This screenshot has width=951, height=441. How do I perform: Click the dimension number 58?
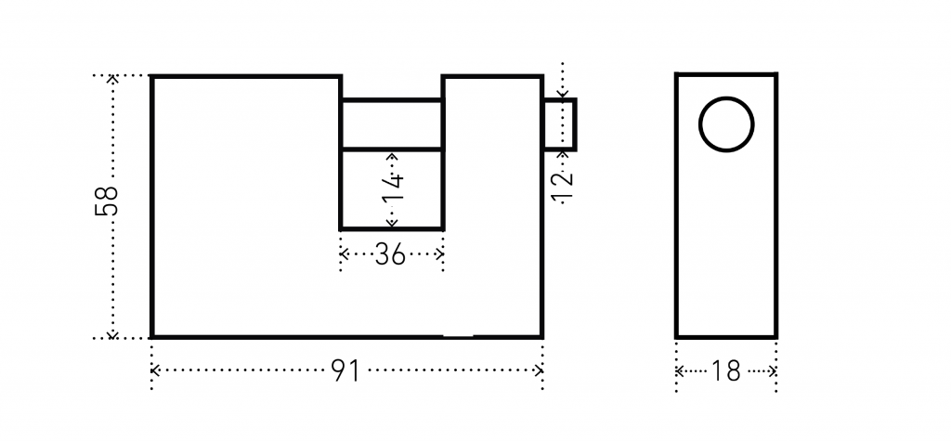point(106,201)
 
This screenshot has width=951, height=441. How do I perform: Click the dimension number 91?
point(346,370)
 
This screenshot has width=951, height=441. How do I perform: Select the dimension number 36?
point(390,254)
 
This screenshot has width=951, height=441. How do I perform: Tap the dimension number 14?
point(393,188)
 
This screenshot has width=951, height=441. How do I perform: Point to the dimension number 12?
point(563,187)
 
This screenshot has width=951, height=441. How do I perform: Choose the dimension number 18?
point(726,371)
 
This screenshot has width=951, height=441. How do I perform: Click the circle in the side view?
point(726,97)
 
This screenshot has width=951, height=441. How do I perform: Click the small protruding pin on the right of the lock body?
point(559,124)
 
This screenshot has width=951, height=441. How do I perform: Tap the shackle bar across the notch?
point(392,124)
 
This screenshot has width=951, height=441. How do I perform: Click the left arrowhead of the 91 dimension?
point(154,370)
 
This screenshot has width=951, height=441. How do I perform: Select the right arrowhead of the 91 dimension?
point(539,370)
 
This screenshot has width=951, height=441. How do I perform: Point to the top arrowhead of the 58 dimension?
point(112,78)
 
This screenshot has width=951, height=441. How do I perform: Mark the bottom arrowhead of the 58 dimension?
point(112,335)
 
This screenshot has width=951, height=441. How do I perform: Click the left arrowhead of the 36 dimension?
point(344,253)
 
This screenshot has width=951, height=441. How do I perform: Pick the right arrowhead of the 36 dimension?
point(440,253)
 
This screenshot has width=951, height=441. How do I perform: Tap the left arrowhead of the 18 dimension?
point(679,371)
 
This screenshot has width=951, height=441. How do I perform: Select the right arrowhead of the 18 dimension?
point(773,371)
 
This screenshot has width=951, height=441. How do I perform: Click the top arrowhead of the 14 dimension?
point(393,156)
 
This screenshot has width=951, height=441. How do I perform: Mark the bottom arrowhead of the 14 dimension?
point(393,224)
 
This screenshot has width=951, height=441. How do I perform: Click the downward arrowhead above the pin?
point(563,94)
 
